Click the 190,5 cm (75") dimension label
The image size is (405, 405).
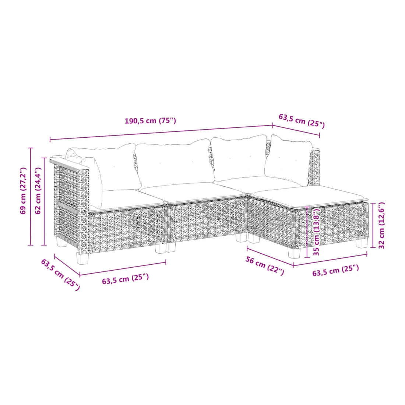[150, 121]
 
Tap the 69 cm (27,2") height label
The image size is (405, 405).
[23, 191]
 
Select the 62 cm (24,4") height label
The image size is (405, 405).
[38, 191]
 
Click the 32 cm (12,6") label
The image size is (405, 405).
[381, 225]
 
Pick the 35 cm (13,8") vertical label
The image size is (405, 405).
[316, 232]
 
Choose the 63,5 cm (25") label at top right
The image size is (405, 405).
[302, 121]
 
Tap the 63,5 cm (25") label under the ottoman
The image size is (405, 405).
[335, 271]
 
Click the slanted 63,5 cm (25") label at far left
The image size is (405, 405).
[60, 275]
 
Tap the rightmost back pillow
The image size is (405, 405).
[288, 160]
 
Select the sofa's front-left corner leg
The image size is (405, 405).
[82, 258]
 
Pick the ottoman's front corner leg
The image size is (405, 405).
[295, 253]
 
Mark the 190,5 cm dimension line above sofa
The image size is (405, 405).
[161, 133]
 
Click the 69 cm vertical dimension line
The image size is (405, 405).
[31, 197]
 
